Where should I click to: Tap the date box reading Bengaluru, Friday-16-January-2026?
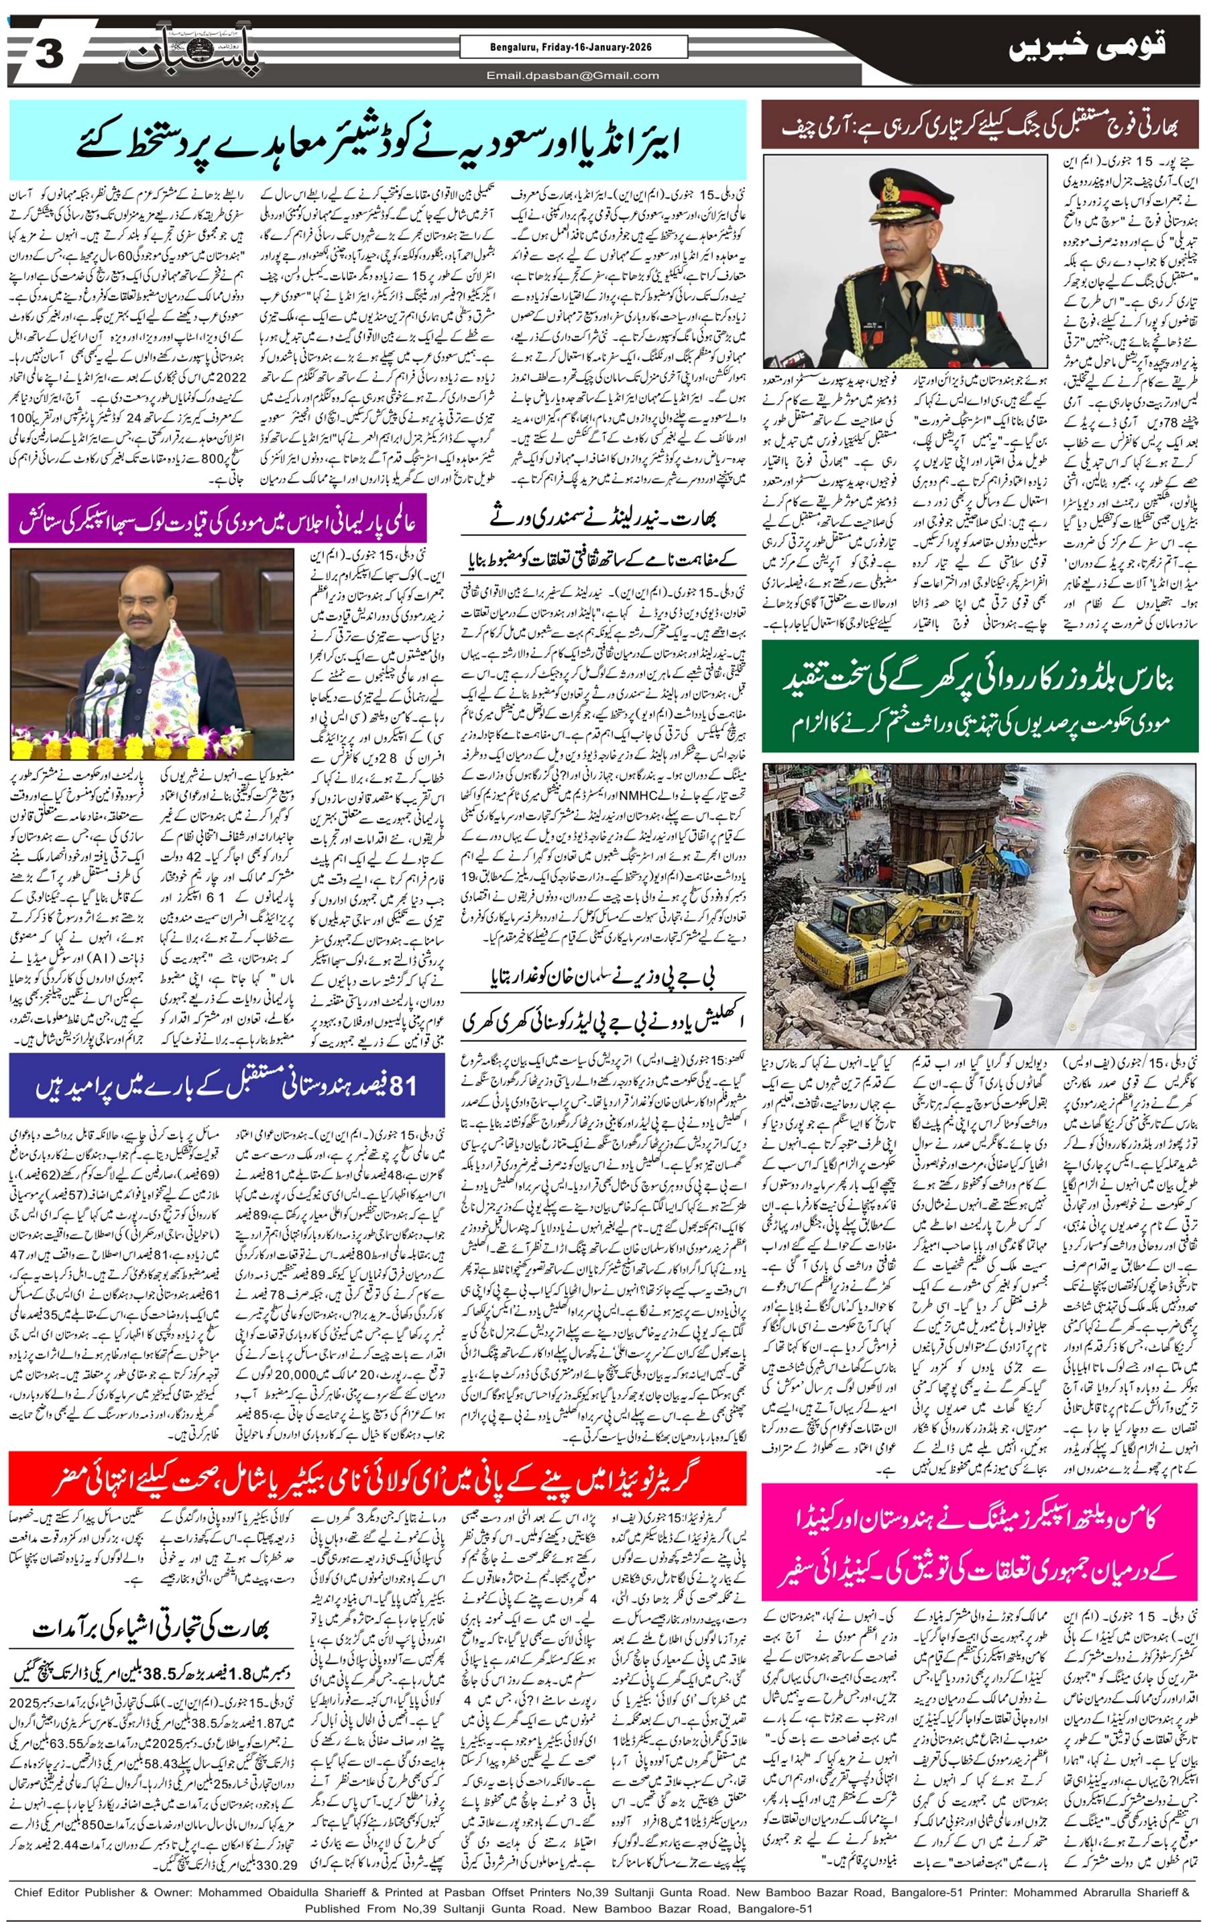point(573,47)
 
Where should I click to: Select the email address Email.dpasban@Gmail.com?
point(573,76)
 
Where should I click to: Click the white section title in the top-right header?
point(1086,47)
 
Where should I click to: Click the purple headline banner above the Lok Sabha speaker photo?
point(217,519)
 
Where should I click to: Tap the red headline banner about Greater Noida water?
point(378,1479)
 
